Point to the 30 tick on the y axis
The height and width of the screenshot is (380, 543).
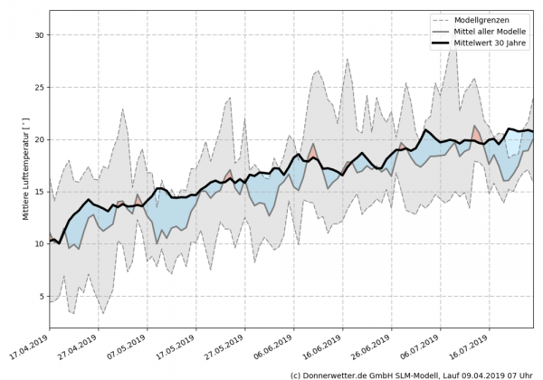coord(39,34)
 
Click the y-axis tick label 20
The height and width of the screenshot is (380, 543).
coord(39,139)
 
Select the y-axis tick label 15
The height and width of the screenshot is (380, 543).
coord(39,192)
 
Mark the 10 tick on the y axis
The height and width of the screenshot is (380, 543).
coord(39,244)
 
